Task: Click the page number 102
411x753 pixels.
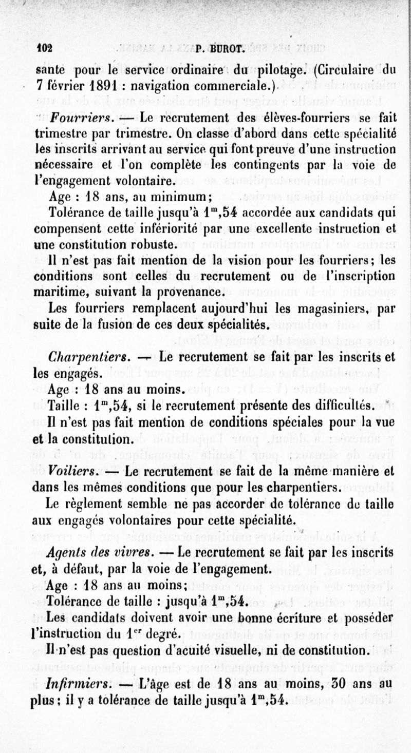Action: point(45,49)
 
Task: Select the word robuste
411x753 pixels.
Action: point(150,245)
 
